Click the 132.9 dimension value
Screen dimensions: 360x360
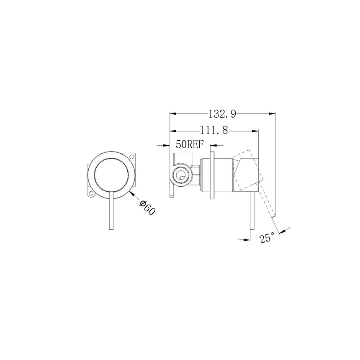(222, 113)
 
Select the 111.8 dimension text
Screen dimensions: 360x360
(214, 130)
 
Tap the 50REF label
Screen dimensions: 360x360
(190, 145)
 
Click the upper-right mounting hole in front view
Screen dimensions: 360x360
(134, 157)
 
